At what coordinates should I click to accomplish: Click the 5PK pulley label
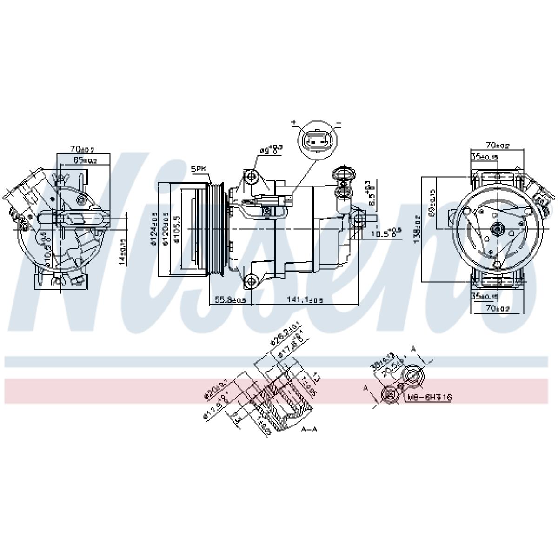click(199, 170)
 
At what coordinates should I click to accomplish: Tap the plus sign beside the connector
click(294, 122)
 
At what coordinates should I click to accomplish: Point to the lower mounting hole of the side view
click(252, 280)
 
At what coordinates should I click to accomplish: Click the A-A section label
click(309, 429)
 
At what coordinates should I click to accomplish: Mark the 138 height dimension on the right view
click(418, 229)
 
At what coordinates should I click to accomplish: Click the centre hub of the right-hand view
click(497, 228)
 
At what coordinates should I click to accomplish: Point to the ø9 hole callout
click(271, 150)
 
